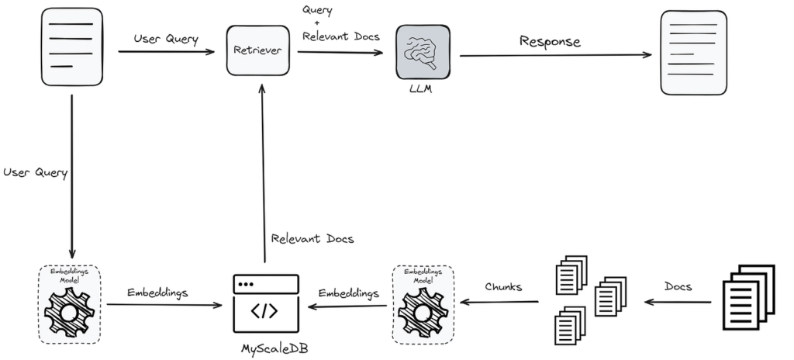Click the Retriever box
[258, 50]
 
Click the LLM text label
[421, 90]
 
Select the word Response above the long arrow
[550, 41]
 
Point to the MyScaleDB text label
[274, 349]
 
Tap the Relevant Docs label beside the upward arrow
[312, 238]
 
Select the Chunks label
[503, 286]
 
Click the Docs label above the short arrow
[678, 286]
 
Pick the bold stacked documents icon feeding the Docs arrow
[748, 297]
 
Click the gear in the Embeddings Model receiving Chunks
[423, 311]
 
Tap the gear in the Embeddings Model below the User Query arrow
[69, 311]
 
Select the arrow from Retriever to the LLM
[340, 52]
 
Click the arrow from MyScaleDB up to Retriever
[263, 174]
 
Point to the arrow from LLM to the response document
[555, 55]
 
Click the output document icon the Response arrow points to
[694, 53]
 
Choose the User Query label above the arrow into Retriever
[166, 39]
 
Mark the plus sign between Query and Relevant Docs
[317, 22]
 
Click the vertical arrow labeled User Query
[72, 176]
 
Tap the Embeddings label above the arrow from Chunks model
[349, 293]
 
